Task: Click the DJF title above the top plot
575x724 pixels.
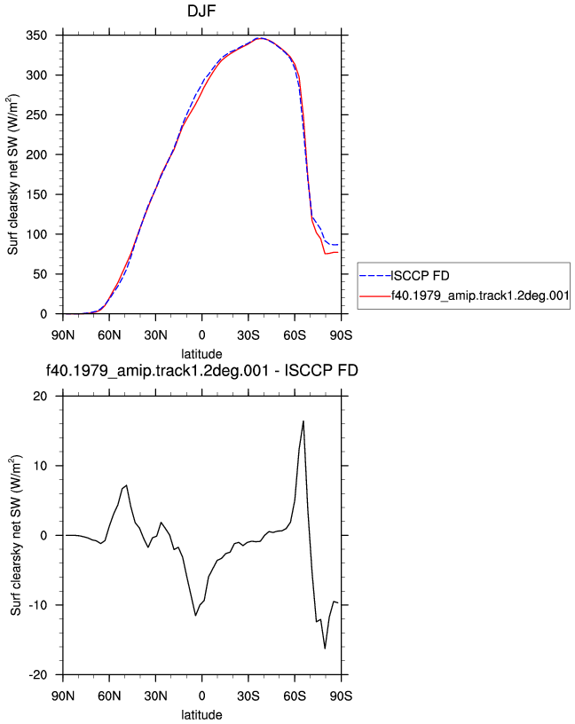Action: point(201,11)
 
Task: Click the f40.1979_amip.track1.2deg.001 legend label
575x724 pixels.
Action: point(480,295)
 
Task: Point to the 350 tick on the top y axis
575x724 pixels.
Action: point(36,35)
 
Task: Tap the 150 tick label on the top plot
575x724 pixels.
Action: point(36,194)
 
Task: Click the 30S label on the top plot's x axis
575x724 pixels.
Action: point(248,335)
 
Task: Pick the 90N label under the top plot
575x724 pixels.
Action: point(63,335)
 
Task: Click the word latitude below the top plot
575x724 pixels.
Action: point(201,354)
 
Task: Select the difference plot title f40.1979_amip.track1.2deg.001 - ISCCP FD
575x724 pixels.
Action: point(202,371)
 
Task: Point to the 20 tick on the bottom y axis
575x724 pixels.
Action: point(40,397)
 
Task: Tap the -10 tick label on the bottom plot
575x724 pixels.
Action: point(38,605)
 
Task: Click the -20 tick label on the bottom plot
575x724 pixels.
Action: point(38,674)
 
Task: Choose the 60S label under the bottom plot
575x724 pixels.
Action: point(295,696)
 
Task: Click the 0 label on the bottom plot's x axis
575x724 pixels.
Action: point(201,696)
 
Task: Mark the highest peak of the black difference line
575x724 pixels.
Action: point(303,421)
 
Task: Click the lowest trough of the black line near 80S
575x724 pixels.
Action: point(325,649)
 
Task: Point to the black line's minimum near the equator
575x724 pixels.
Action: point(195,616)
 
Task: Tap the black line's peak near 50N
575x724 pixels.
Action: point(127,485)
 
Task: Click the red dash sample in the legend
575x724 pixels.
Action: point(375,296)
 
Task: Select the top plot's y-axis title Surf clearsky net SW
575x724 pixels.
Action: point(13,174)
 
